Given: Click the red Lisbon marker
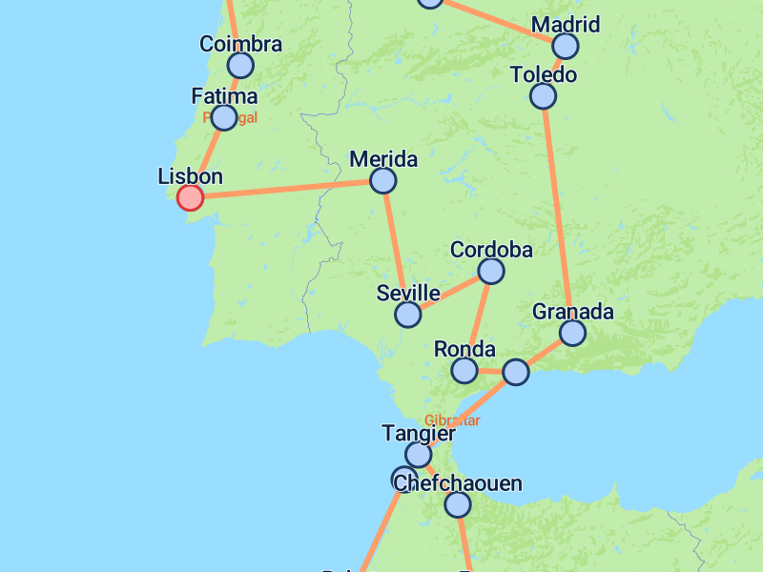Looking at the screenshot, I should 191,197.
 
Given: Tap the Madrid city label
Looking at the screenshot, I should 566,24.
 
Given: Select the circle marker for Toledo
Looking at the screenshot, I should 543,95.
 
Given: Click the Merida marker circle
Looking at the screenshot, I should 382,180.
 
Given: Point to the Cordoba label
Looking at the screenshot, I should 491,250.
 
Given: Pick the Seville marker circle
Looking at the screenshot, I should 408,315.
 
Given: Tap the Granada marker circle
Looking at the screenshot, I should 572,333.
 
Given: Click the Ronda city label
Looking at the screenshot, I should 464,349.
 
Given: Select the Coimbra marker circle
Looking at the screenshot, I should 240,65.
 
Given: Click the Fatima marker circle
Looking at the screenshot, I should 224,117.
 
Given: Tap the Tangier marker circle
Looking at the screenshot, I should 418,455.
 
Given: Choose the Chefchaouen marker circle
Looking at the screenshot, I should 458,504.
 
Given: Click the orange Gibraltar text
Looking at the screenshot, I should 452,420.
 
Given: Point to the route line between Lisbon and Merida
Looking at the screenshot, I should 286,189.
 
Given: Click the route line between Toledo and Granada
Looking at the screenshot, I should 558,214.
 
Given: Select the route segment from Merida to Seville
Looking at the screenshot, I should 395,247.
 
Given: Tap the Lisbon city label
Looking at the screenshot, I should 190,176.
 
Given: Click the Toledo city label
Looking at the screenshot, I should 544,74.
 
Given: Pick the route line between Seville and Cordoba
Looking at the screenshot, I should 449,293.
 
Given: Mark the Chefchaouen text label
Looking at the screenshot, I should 458,483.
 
